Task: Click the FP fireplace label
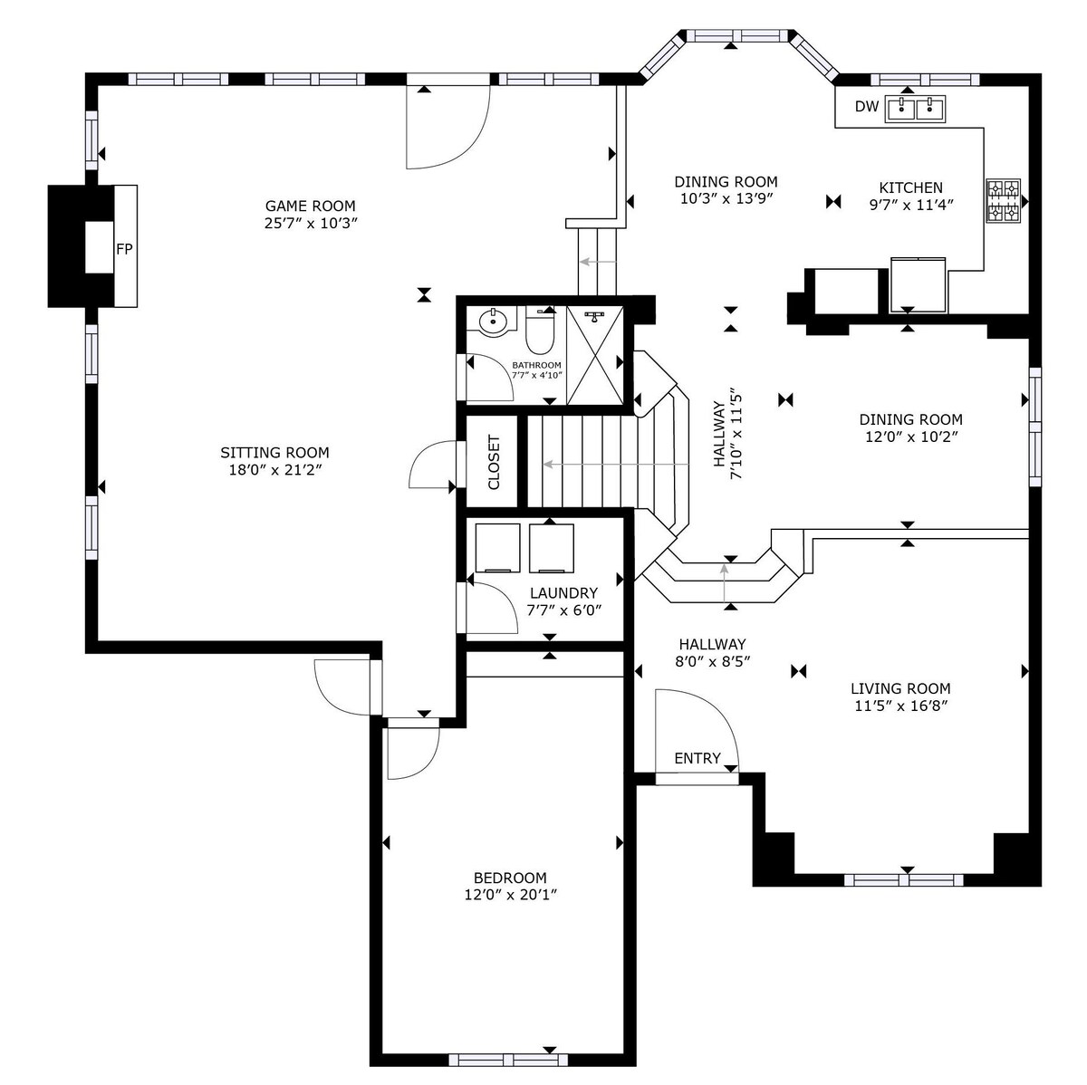(124, 249)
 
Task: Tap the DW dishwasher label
(867, 106)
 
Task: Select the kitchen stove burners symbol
(1003, 200)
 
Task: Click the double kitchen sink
(916, 109)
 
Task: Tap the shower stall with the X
(595, 355)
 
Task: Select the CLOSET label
(494, 462)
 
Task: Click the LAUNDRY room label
(563, 593)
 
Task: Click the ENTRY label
(697, 758)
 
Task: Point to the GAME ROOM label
(311, 206)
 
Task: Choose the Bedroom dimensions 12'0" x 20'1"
(511, 894)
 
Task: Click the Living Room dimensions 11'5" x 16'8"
(900, 706)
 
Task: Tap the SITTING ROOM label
(274, 453)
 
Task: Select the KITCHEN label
(911, 187)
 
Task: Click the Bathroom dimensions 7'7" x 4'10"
(537, 375)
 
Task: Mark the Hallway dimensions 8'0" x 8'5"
(713, 661)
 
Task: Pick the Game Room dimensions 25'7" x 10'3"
(311, 223)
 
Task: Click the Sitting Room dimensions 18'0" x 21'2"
(274, 469)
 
